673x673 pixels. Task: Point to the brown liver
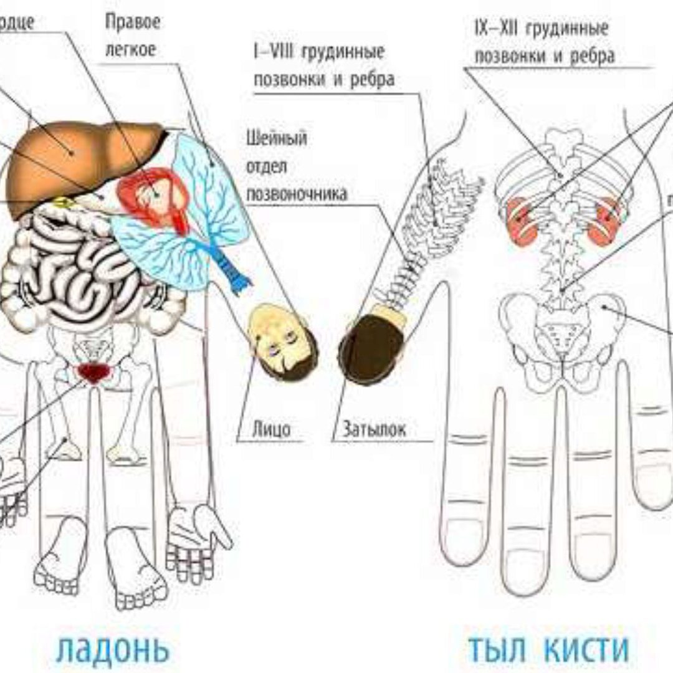point(75,156)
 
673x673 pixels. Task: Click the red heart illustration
point(153,196)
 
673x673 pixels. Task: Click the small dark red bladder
point(92,372)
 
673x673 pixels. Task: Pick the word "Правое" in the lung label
point(133,23)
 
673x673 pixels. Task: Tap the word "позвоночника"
point(297,194)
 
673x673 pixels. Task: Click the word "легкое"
point(130,50)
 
